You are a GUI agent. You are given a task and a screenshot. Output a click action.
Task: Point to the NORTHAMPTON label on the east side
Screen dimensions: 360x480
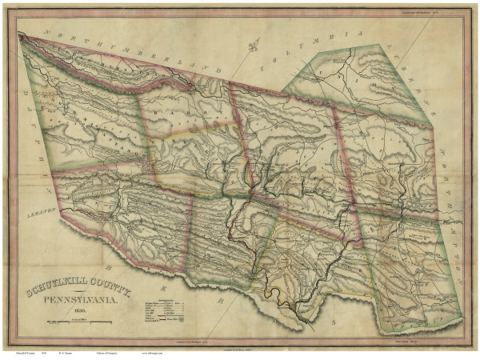[452, 208]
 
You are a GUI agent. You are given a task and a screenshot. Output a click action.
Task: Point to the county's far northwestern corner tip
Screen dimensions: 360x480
[19, 34]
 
